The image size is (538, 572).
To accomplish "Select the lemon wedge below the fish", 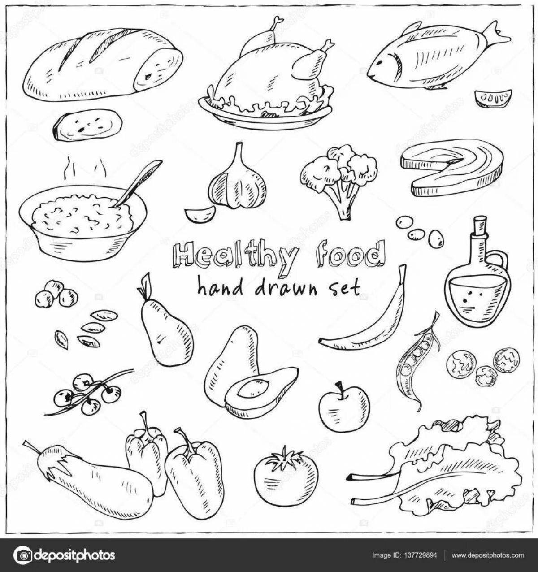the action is coord(493,98).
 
